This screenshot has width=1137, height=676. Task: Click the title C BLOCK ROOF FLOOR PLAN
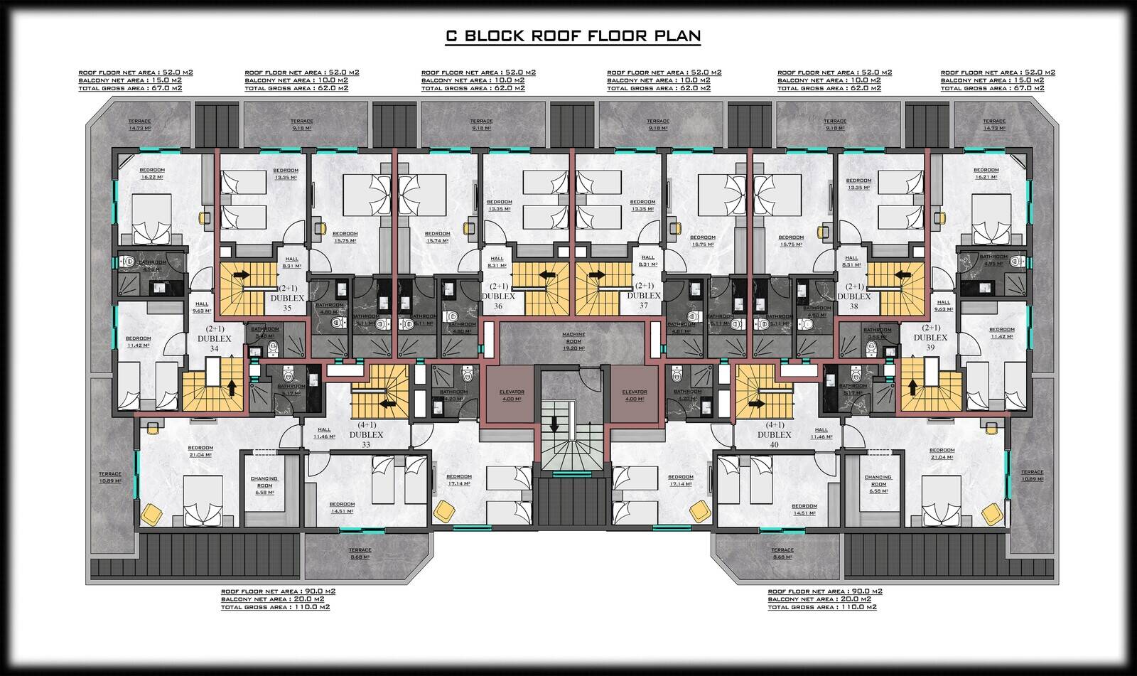coord(572,36)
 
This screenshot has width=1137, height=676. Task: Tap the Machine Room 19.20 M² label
coord(573,341)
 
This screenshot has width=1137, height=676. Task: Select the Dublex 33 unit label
coord(366,435)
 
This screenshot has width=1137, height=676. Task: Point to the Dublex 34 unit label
coord(215,339)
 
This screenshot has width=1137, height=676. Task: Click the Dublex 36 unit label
coord(497,296)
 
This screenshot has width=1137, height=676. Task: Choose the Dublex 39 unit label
coord(932,338)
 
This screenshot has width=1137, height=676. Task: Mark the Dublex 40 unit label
coord(774,435)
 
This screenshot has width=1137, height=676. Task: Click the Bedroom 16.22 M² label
coord(152,173)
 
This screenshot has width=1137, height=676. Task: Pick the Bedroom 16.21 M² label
coord(986,173)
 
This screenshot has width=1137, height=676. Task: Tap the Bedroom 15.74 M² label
coord(437,237)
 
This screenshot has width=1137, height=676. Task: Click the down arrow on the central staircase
coord(554,424)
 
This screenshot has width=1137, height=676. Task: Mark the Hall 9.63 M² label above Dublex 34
coord(202,306)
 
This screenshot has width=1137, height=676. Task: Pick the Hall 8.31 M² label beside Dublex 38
coord(851,262)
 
